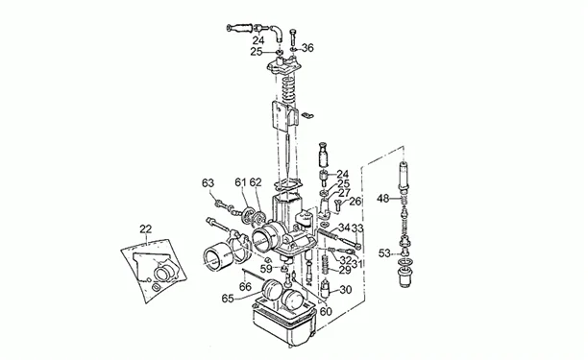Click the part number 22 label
(145, 228)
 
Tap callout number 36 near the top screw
(307, 47)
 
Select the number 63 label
(208, 182)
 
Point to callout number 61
(240, 182)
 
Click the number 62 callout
(256, 182)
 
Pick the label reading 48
(382, 199)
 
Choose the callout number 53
(382, 253)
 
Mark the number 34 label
(343, 228)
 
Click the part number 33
(357, 228)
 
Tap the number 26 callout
(355, 202)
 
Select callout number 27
(343, 192)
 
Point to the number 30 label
(346, 290)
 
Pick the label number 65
(228, 300)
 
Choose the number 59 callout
(265, 269)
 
